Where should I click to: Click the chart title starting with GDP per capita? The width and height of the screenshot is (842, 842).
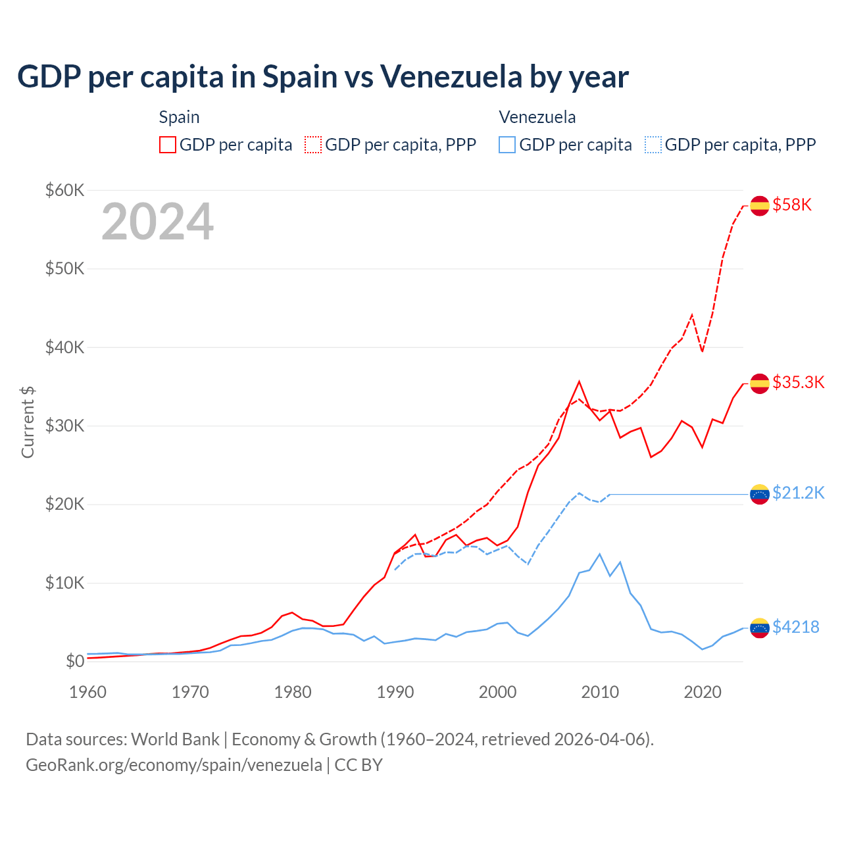click(322, 76)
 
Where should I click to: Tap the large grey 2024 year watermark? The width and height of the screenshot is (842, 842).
click(157, 222)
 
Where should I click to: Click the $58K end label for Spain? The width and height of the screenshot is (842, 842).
click(792, 205)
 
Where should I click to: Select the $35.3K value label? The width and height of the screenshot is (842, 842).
click(798, 383)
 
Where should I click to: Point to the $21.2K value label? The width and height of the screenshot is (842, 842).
click(798, 493)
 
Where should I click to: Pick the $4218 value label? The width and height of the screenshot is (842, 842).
click(796, 628)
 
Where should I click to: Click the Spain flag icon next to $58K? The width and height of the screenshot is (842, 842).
click(760, 205)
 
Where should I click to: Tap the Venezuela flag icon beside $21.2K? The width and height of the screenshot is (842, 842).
click(760, 494)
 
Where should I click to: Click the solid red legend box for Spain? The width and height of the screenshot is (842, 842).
click(168, 145)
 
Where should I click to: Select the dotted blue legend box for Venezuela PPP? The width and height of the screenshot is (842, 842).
click(653, 145)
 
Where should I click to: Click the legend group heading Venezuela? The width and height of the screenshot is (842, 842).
click(537, 117)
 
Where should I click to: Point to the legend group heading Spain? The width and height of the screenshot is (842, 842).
click(179, 117)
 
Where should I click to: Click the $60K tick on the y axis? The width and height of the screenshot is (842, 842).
click(64, 191)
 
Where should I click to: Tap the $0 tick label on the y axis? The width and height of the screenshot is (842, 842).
click(75, 662)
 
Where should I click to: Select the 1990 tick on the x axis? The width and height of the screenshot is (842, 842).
click(395, 692)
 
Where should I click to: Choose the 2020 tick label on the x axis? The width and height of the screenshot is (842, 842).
click(703, 692)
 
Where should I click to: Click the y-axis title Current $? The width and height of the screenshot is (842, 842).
click(28, 422)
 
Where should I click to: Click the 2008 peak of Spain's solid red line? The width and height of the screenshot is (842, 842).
click(579, 382)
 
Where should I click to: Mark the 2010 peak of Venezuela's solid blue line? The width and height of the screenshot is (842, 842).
click(599, 554)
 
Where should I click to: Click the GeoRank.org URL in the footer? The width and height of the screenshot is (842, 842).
click(174, 765)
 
